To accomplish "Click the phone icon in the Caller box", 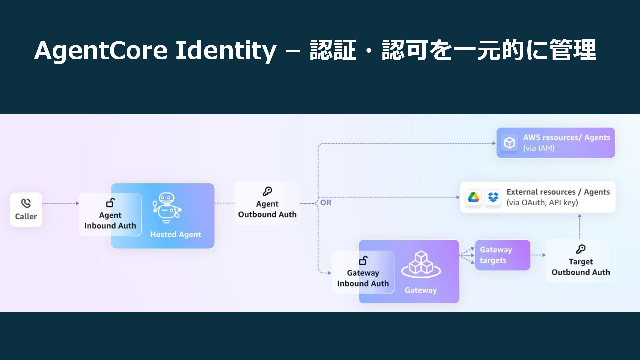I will tap(26, 203).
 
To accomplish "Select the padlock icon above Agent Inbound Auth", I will tap(110, 203).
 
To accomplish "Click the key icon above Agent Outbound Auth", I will tap(267, 191).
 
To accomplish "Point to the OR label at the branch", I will tap(326, 203).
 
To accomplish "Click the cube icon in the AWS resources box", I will tap(509, 143).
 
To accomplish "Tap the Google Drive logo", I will tap(473, 197).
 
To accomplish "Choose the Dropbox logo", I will tap(493, 197).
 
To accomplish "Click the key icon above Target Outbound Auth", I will tap(581, 249).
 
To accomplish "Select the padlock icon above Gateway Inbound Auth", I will tap(363, 260).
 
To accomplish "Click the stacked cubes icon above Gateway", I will tap(421, 264).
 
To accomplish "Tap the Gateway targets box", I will tap(502, 255).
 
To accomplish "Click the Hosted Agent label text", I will tap(175, 234).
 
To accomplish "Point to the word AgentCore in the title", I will tap(100, 51).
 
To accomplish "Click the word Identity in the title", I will tap(226, 51).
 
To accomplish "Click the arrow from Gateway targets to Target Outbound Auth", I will tap(538, 255).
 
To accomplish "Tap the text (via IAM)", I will tap(539, 148).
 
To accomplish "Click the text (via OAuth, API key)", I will tap(542, 203).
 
